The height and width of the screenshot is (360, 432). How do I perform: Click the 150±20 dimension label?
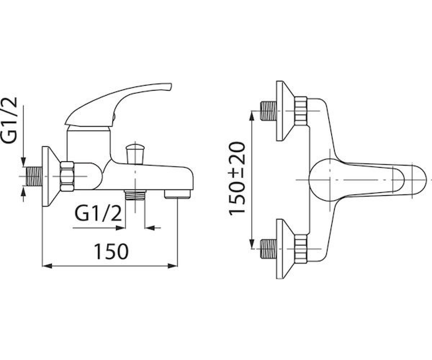click(237, 178)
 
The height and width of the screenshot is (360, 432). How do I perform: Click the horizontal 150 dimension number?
click(111, 252)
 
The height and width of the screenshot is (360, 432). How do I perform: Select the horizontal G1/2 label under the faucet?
click(98, 213)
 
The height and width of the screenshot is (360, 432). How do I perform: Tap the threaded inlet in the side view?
click(34, 176)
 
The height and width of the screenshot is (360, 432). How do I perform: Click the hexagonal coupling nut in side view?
click(67, 176)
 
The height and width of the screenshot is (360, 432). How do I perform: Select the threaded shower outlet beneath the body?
click(135, 195)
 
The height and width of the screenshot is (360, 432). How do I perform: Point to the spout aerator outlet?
click(177, 194)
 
